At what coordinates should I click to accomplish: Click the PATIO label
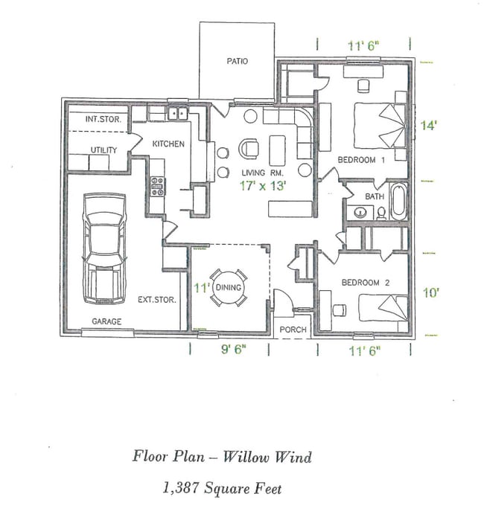(237, 61)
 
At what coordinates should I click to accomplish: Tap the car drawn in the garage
(104, 248)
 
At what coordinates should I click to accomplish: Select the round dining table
(229, 287)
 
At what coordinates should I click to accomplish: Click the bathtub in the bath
(398, 202)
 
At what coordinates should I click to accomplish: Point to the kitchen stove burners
(158, 186)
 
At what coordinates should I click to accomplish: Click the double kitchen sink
(176, 114)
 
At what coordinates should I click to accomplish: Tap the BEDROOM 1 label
(360, 160)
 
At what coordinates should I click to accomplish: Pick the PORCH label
(291, 330)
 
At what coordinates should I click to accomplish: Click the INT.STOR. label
(103, 119)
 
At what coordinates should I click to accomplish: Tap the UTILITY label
(104, 150)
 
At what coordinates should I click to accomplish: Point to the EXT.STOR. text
(156, 300)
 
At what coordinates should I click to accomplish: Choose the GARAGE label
(106, 322)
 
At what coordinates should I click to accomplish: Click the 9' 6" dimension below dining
(229, 350)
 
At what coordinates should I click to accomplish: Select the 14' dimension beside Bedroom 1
(427, 126)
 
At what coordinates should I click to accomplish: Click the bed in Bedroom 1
(380, 126)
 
